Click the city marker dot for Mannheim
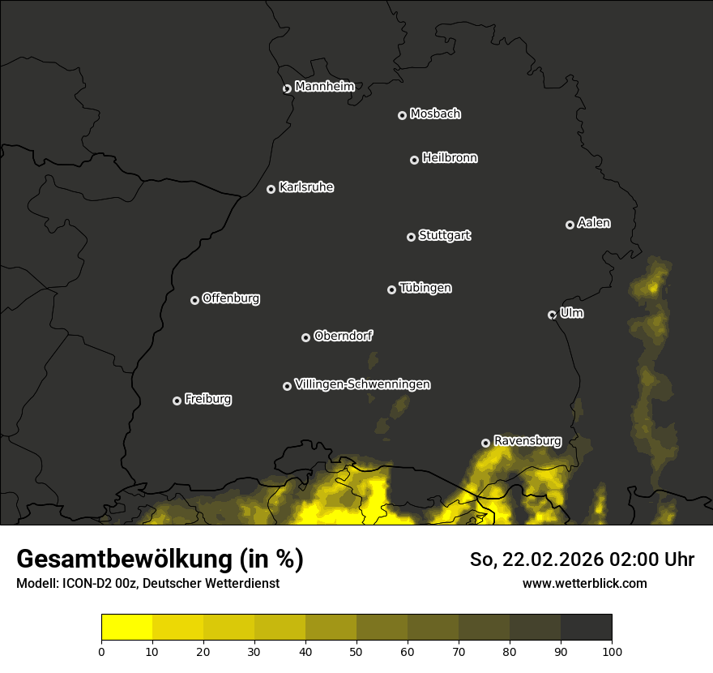[287, 89]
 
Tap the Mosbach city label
[435, 114]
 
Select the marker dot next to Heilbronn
[414, 160]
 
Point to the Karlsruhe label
[306, 187]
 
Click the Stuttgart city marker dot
[411, 237]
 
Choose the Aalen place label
[594, 223]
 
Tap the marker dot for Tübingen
[391, 289]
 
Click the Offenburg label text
[231, 298]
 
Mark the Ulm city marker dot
[552, 315]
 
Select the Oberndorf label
[344, 336]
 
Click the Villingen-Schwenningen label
[362, 384]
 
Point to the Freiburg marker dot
[177, 401]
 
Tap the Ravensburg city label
[527, 441]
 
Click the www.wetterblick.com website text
[584, 583]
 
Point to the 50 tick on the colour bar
[356, 651]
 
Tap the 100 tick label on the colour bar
[612, 651]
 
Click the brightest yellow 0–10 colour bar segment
[127, 628]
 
